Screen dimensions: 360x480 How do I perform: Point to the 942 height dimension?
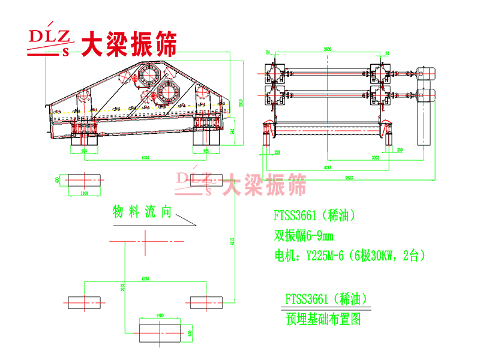pos(233,129)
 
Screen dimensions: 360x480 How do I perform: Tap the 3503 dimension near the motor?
pos(358,157)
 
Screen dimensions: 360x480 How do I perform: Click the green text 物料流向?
pos(142,212)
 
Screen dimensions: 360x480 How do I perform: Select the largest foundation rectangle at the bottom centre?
pos(160,331)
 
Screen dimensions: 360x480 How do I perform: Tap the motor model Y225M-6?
pos(325,255)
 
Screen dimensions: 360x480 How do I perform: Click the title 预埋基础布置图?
pos(323,319)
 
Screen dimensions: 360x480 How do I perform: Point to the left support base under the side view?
pos(84,137)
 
